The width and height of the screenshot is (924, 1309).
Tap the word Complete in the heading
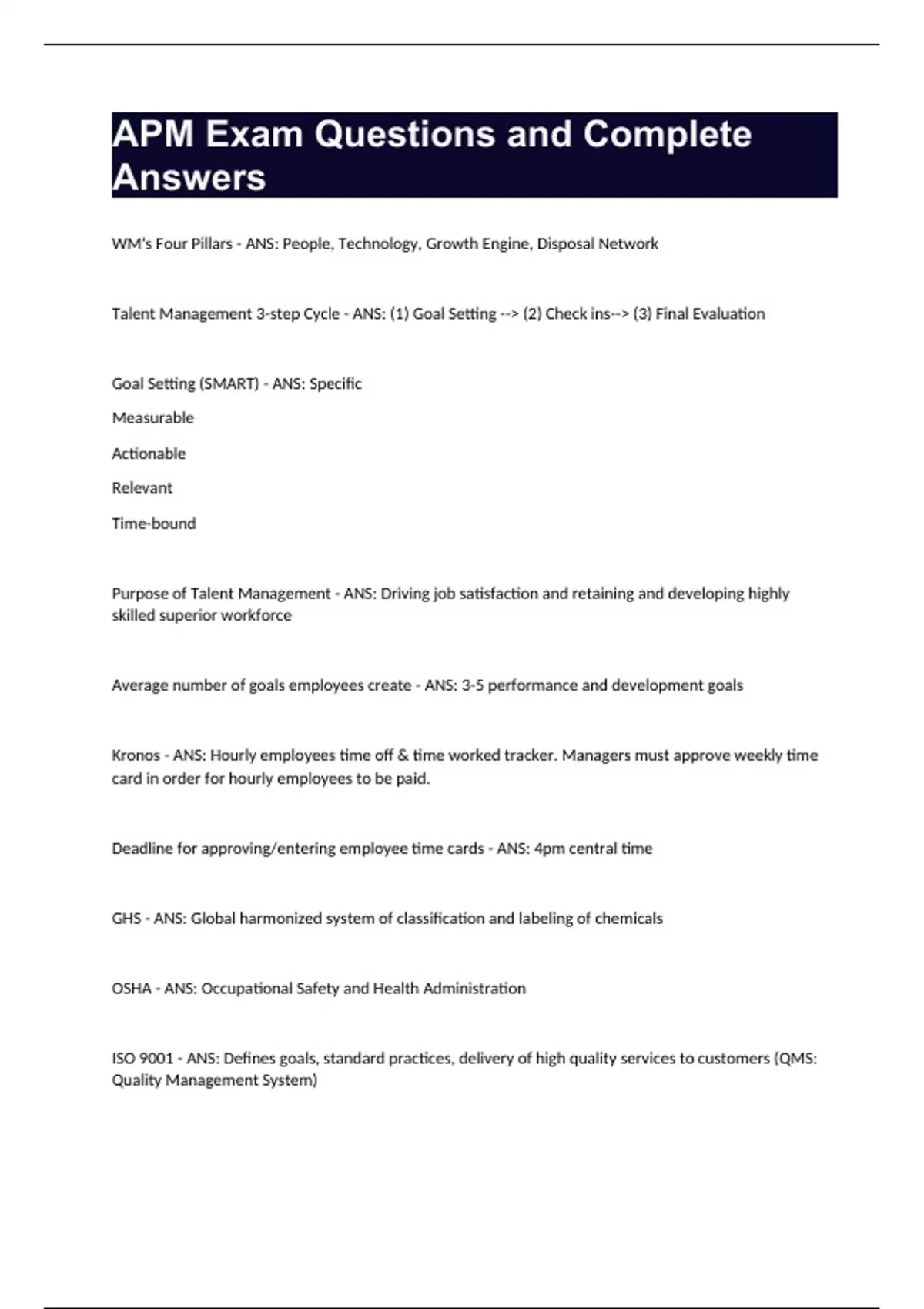point(667,135)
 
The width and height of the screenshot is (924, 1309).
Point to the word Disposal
point(565,244)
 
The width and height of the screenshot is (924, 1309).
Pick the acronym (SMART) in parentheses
point(229,384)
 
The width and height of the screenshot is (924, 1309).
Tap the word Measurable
point(152,418)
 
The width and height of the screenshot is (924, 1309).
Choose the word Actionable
point(149,454)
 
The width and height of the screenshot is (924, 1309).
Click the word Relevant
point(142,488)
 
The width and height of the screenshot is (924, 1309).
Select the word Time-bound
point(153,524)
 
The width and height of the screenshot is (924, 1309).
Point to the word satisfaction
point(498,594)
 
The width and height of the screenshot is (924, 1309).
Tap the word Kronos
point(136,755)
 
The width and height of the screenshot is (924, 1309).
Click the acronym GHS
point(126,919)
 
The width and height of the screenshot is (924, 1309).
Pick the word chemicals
point(629,919)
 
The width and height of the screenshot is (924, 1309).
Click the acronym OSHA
point(131,989)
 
